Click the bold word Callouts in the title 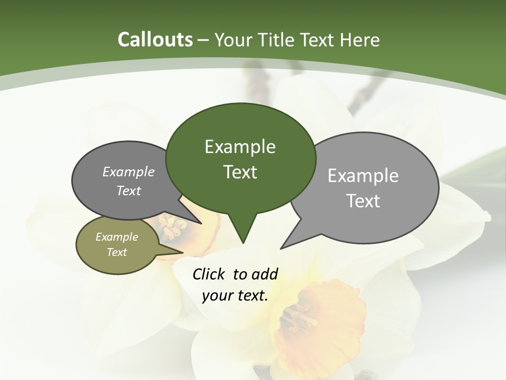[155, 40]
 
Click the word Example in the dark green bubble [240, 147]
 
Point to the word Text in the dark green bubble [240, 172]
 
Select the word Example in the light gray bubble [363, 176]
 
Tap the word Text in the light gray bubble [364, 201]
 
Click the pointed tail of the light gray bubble [283, 247]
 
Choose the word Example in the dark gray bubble [128, 172]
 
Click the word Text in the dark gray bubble [128, 191]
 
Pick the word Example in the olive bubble [116, 237]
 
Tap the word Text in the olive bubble [116, 252]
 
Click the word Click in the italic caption [209, 274]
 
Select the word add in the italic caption [264, 274]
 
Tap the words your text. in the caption [235, 296]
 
